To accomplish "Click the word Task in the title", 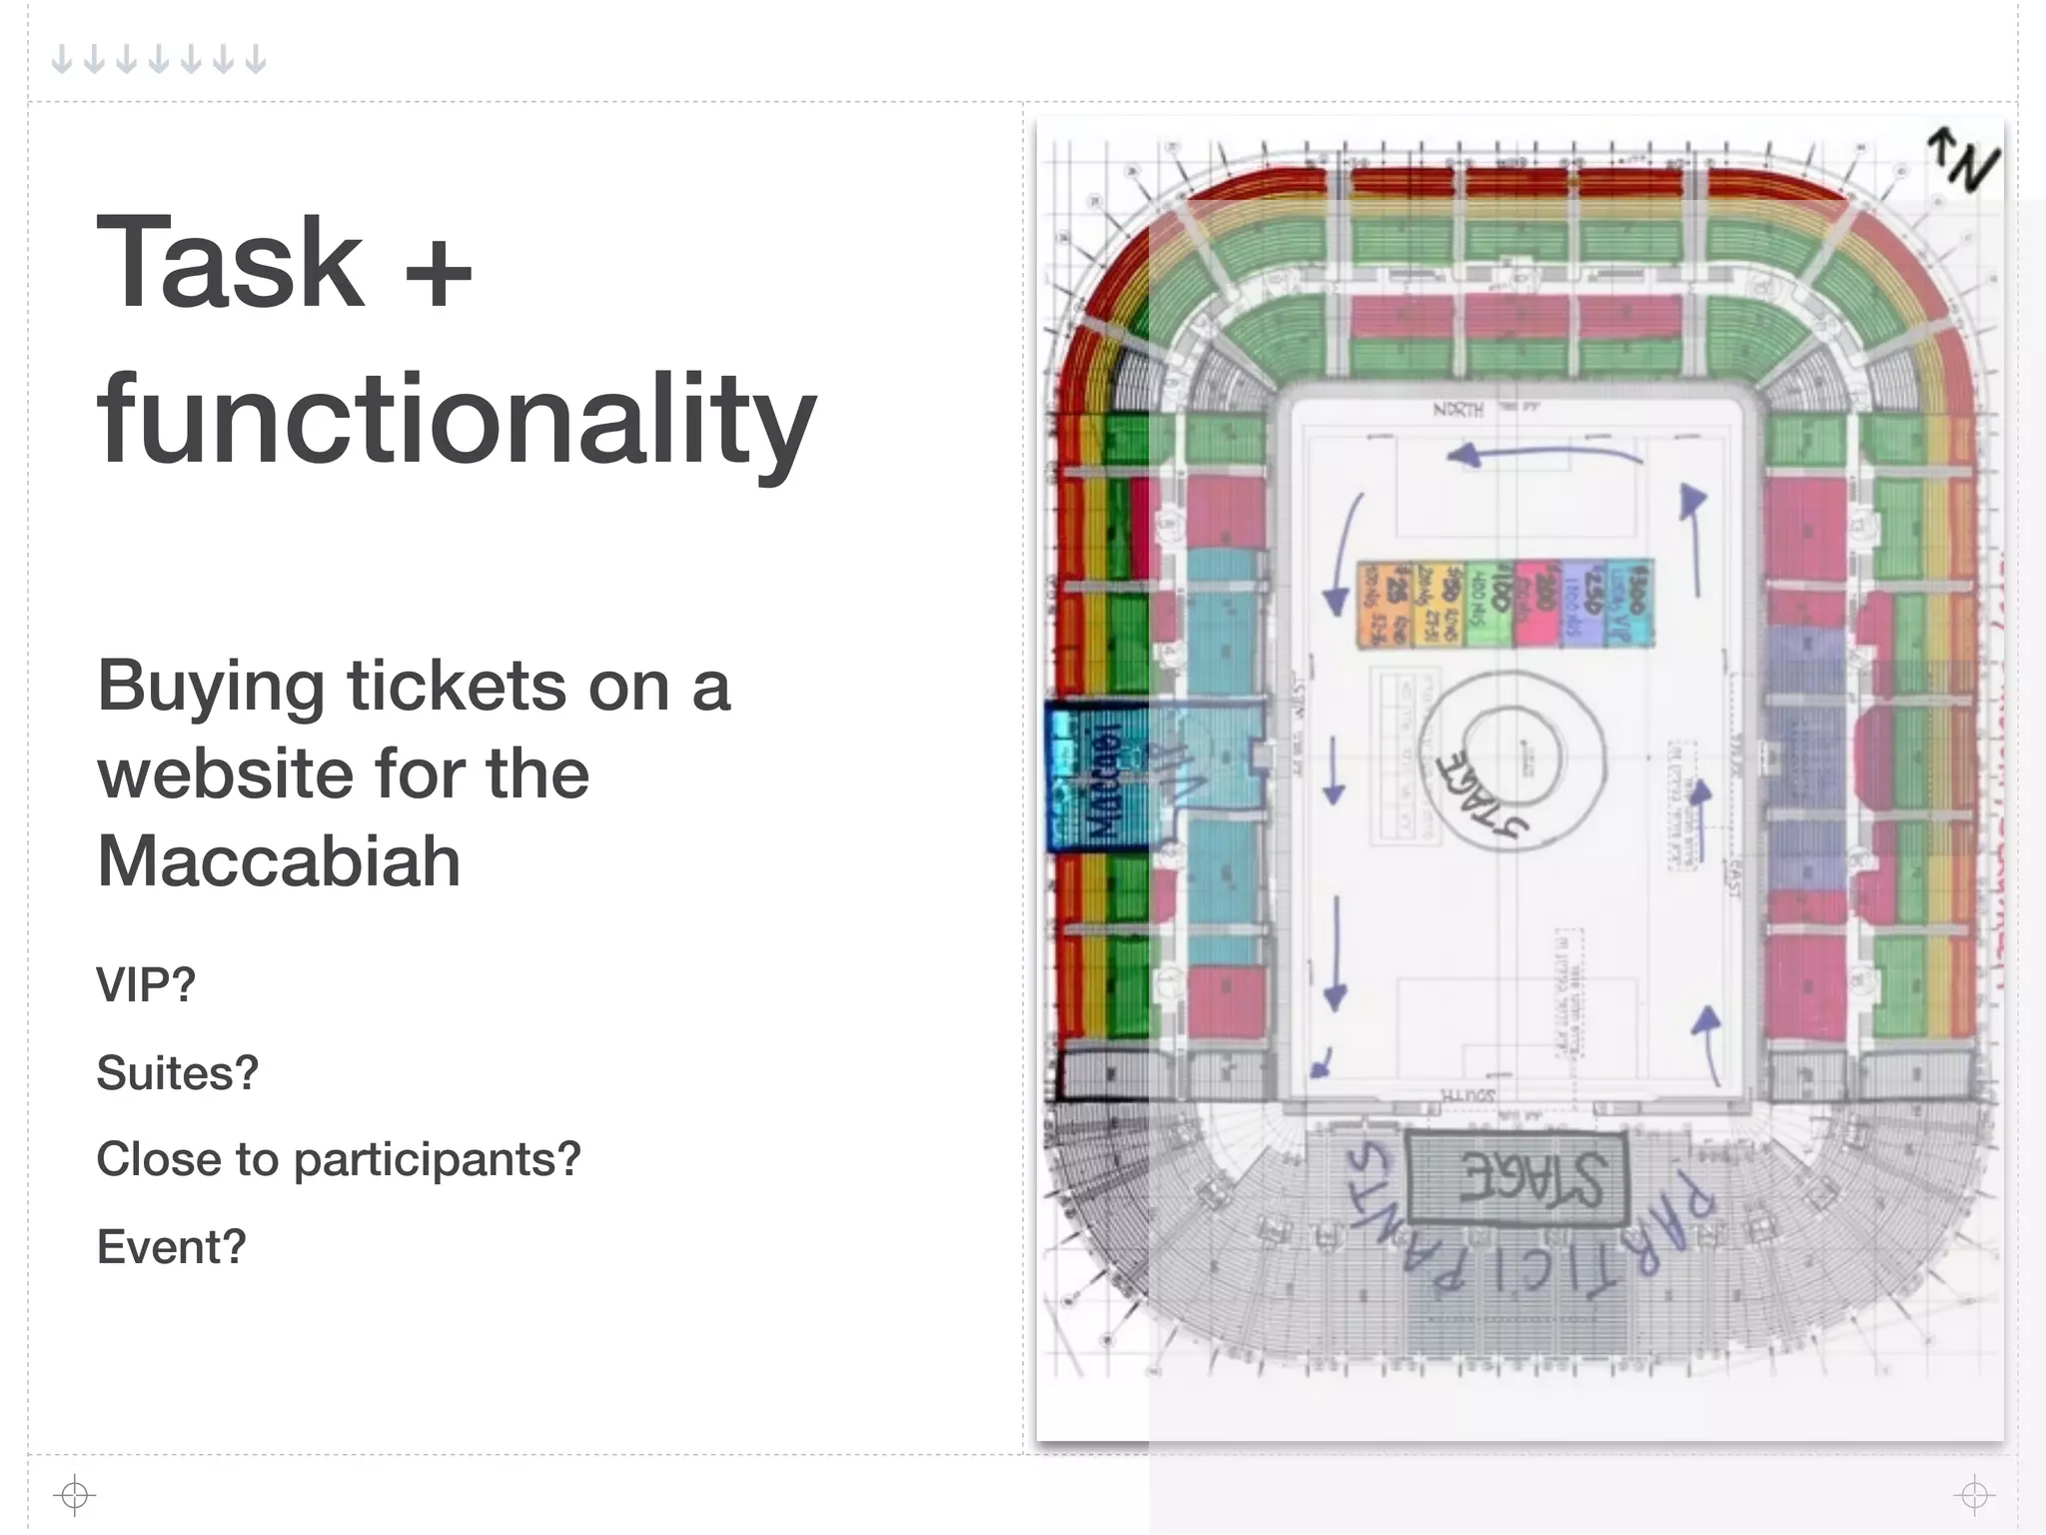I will coord(230,262).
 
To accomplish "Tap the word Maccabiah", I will coord(279,860).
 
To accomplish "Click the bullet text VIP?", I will coord(146,985).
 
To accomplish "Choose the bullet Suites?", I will coord(178,1072).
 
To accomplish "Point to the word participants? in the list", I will coord(437,1159).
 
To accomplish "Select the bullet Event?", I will coord(171,1247).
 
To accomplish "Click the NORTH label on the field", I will coord(1459,410).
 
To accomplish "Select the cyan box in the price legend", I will coord(1629,603).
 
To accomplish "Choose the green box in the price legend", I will coord(1489,603).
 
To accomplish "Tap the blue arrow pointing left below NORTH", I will coord(1543,456).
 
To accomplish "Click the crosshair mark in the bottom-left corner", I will coord(75,1495).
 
